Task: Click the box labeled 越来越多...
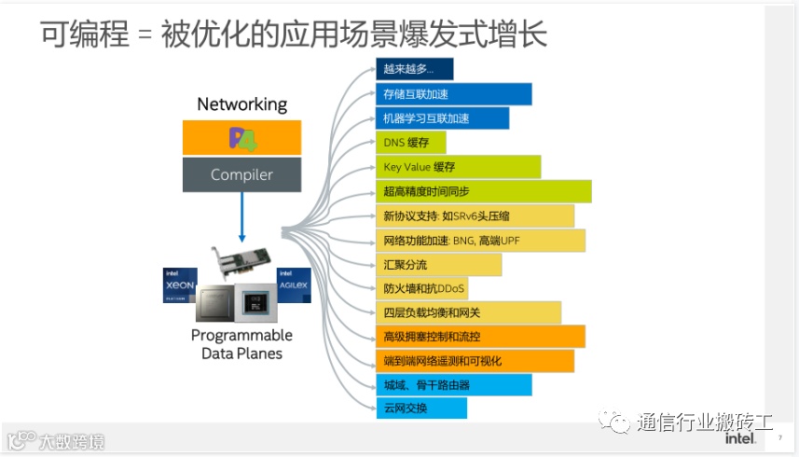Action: pyautogui.click(x=414, y=69)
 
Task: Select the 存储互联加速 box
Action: pyautogui.click(x=453, y=94)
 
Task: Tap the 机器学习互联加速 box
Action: pyautogui.click(x=442, y=118)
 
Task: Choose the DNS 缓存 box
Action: pyautogui.click(x=410, y=143)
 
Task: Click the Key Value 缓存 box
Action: pyautogui.click(x=458, y=167)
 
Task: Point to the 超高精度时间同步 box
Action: pyautogui.click(x=483, y=191)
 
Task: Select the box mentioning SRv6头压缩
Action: pyautogui.click(x=475, y=215)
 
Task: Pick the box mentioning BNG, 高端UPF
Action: pyautogui.click(x=480, y=240)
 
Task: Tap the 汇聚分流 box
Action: pyautogui.click(x=438, y=264)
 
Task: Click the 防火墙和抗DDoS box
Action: pyautogui.click(x=438, y=288)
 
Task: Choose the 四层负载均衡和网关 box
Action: pyautogui.click(x=468, y=312)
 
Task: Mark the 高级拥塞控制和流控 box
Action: pyautogui.click(x=480, y=337)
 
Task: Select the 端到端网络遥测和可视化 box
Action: pyautogui.click(x=475, y=361)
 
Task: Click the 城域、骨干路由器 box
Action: pyautogui.click(x=453, y=384)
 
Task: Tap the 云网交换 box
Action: pyautogui.click(x=420, y=408)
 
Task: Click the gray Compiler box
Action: pyautogui.click(x=241, y=174)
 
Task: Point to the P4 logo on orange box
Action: pyautogui.click(x=241, y=138)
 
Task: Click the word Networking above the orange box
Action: pyautogui.click(x=241, y=104)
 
